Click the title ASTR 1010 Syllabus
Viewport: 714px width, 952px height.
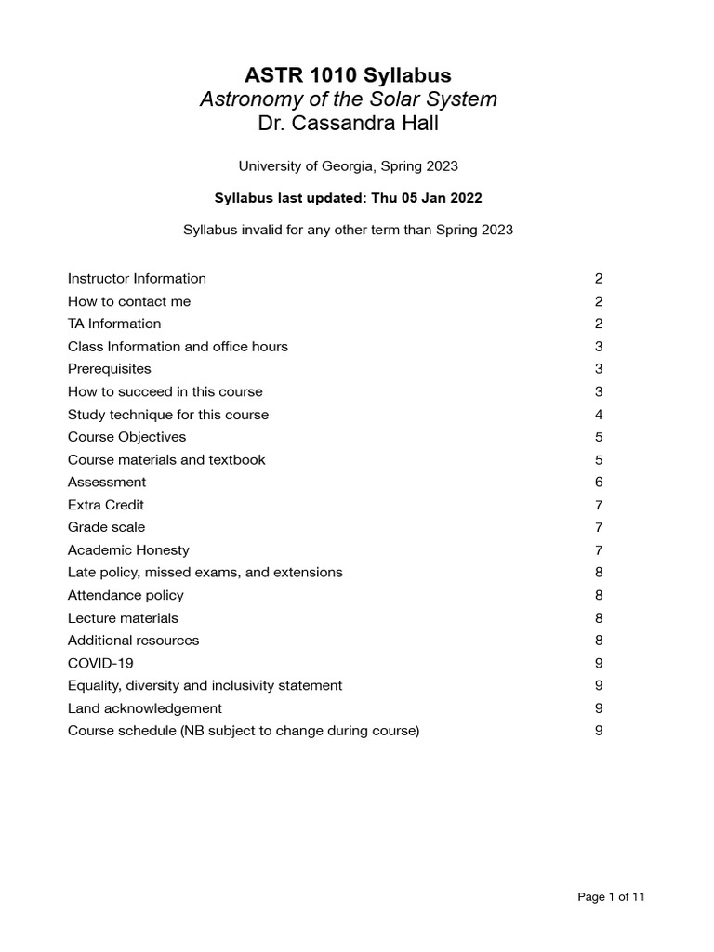348,75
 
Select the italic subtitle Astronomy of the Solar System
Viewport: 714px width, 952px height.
348,99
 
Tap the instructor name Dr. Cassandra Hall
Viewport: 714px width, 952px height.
348,123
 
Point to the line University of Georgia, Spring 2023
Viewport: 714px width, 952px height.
348,166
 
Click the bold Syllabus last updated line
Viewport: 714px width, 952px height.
348,198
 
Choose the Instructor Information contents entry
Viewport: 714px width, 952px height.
137,279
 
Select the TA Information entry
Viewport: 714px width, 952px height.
114,324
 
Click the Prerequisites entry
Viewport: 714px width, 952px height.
109,369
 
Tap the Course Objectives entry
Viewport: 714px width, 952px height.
126,437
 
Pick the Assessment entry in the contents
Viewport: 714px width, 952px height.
107,483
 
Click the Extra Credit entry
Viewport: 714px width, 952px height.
106,505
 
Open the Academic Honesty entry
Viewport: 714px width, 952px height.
128,550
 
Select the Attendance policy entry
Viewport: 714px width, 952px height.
126,595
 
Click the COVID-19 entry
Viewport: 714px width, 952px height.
100,663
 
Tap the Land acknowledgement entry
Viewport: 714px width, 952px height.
145,708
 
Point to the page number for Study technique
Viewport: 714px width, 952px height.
599,415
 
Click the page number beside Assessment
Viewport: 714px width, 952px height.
599,483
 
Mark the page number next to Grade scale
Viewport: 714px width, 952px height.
599,527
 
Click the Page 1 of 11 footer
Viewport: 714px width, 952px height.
611,897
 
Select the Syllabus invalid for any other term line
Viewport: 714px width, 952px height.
348,230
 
